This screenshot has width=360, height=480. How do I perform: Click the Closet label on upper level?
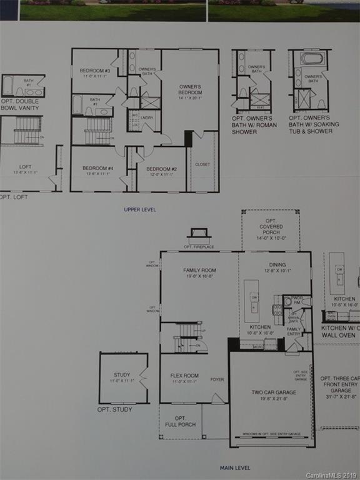click(202, 164)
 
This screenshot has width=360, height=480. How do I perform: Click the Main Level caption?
click(235, 467)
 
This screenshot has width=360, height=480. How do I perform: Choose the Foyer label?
click(217, 379)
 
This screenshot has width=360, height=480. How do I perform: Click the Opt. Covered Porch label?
click(271, 229)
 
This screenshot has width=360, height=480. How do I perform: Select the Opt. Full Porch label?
click(180, 421)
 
